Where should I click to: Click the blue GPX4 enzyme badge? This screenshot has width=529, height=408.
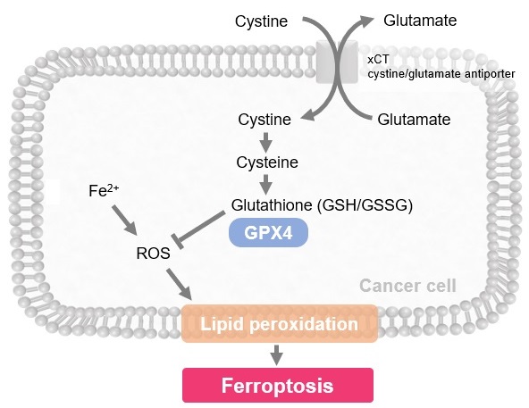point(269,233)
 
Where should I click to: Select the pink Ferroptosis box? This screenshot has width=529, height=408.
point(278,385)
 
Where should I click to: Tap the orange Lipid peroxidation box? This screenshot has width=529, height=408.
point(280,324)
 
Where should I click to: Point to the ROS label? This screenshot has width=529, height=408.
point(153,254)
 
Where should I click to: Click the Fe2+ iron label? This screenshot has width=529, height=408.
point(104,190)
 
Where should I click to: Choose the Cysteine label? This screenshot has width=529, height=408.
point(267,162)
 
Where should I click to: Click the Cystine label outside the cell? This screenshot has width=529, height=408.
point(261,21)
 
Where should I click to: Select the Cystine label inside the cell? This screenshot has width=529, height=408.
point(264,120)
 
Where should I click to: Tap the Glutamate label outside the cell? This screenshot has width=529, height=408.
point(420,21)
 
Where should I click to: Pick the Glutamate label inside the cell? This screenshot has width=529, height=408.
point(414,120)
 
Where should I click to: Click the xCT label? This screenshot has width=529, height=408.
point(378,60)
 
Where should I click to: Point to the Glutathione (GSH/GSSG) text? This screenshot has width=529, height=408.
point(322,205)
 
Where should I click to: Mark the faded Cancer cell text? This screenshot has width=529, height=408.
point(407,286)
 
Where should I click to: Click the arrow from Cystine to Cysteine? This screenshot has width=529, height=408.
point(266,142)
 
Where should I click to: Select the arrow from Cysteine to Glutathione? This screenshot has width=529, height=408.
point(266,185)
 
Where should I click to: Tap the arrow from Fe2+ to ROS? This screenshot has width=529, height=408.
point(124,220)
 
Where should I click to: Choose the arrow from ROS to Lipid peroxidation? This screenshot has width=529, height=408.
point(179,284)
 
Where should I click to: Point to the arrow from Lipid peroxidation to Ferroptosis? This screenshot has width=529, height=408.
point(277,355)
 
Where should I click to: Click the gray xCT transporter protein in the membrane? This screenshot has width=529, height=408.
point(337,62)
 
